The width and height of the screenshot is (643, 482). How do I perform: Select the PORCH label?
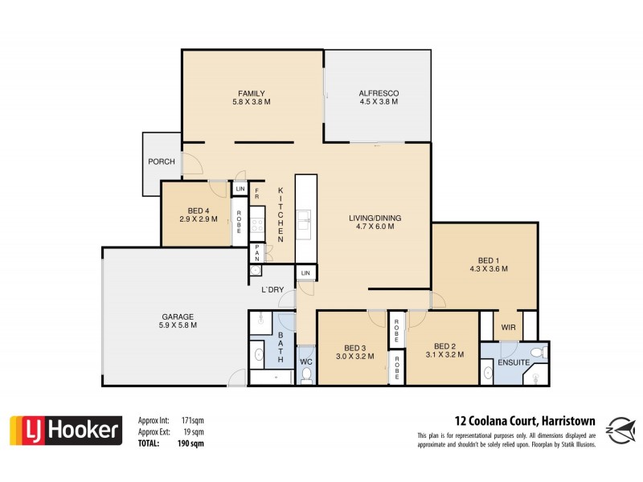162,161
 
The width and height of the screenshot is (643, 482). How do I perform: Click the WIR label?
507,327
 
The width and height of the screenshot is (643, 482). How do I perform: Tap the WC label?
305,361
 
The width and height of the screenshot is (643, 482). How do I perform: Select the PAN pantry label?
257,254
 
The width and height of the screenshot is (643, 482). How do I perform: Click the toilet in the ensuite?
544,351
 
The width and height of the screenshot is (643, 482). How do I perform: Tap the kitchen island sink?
305,215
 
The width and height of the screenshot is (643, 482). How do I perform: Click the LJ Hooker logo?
66,431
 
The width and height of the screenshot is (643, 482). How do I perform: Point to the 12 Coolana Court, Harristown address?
514,419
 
